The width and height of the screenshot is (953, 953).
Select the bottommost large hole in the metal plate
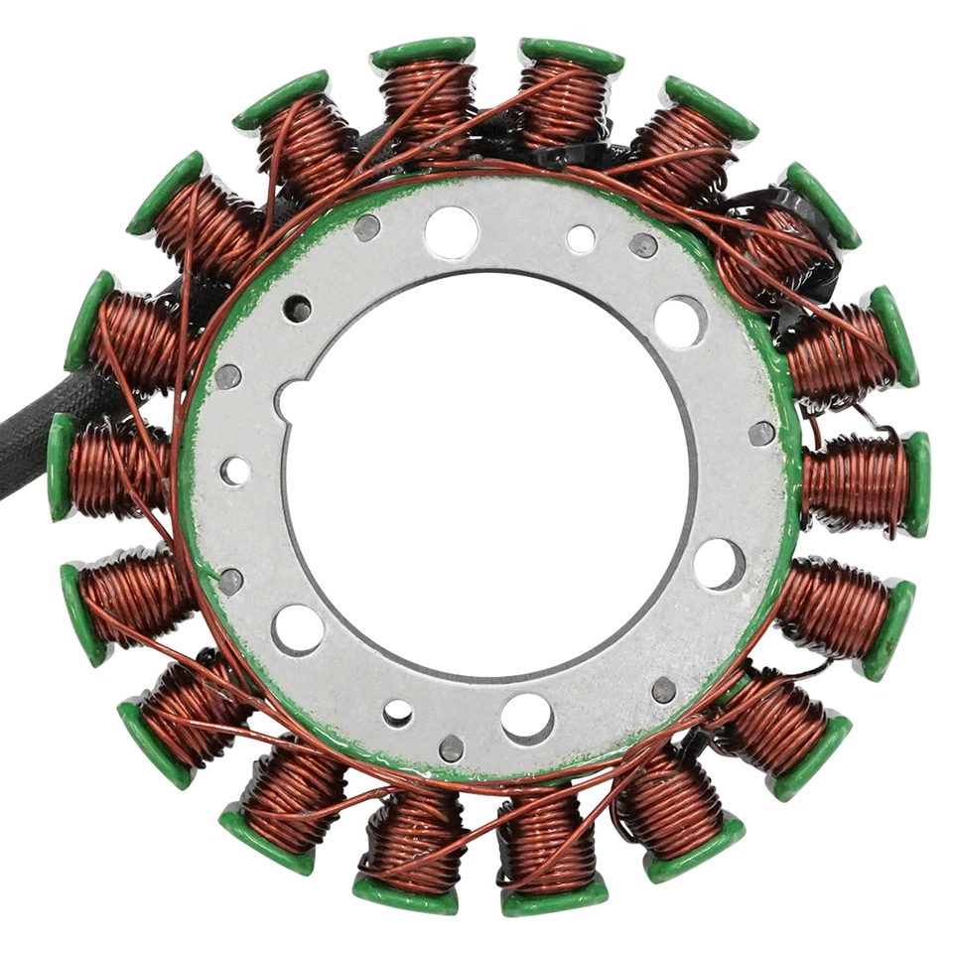[x=527, y=718]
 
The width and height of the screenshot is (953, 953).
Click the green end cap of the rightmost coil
[x=916, y=483]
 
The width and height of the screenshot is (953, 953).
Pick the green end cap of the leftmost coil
[x=60, y=467]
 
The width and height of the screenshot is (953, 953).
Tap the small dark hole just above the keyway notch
[x=296, y=310]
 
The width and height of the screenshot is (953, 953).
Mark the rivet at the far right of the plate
[x=761, y=433]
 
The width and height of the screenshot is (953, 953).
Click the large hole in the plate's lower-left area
[x=298, y=629]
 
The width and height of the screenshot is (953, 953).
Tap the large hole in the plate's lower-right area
[x=719, y=564]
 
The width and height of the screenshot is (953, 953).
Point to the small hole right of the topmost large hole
[x=581, y=238]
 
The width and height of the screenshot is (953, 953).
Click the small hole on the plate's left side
[x=235, y=471]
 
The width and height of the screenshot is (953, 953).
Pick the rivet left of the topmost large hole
[x=366, y=227]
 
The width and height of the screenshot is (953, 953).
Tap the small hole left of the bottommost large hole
[x=398, y=713]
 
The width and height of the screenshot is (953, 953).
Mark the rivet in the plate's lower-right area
[x=664, y=690]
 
